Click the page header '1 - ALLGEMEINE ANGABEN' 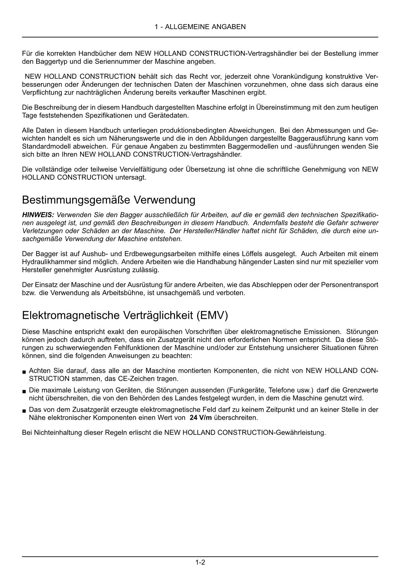pyautogui.click(x=200, y=27)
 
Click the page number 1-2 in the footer pyautogui.click(x=200, y=563)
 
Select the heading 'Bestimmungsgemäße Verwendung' pyautogui.click(x=109, y=200)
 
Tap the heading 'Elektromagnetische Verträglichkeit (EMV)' pyautogui.click(x=125, y=315)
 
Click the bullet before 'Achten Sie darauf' pyautogui.click(x=24, y=372)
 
